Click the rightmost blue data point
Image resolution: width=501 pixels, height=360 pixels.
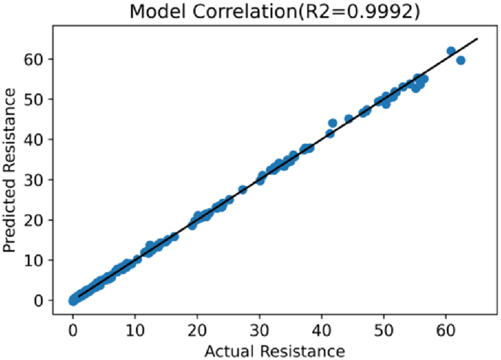[x=461, y=60]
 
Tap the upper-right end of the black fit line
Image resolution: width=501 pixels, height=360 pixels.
[x=477, y=39]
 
